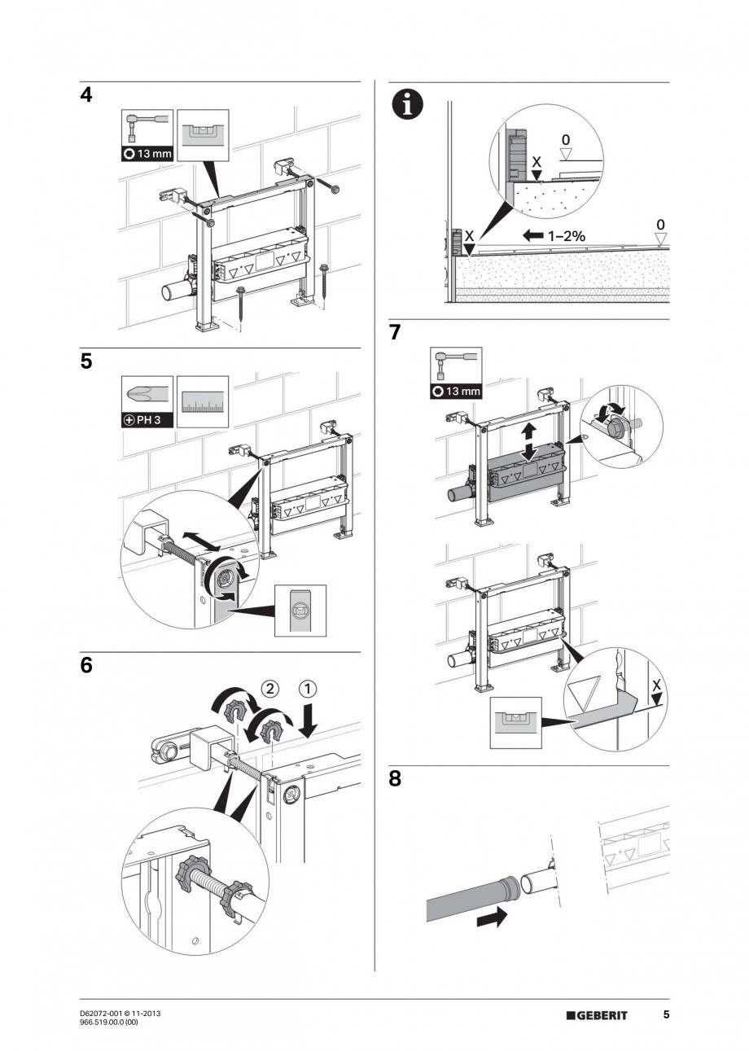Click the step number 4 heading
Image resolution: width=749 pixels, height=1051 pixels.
coord(86,95)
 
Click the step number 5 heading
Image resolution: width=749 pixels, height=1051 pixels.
coord(86,361)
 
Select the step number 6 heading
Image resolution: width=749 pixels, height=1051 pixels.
coord(86,665)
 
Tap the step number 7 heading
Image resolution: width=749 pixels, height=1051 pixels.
coord(395,333)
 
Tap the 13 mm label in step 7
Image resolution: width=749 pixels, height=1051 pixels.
coord(456,391)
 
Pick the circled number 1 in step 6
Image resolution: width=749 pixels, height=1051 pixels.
coord(308,688)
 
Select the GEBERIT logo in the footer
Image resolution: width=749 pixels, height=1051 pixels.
coord(597,1014)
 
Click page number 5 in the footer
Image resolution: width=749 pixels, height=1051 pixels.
coord(666,1014)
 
